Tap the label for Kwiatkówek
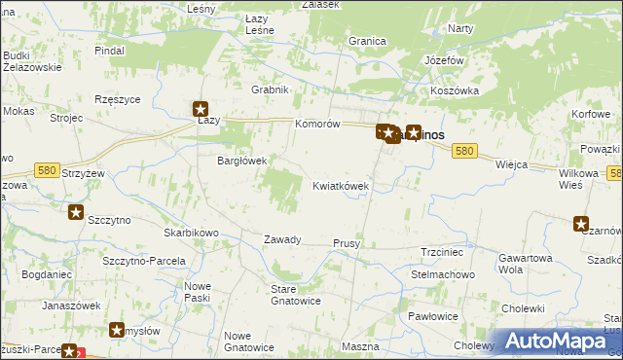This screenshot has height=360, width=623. click(340, 185)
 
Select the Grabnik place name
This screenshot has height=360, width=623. click(271, 90)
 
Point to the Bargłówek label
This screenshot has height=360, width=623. click(240, 161)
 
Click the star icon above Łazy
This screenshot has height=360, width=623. click(201, 110)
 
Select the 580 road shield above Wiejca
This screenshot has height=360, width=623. click(465, 151)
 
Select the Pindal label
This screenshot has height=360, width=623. click(110, 49)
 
